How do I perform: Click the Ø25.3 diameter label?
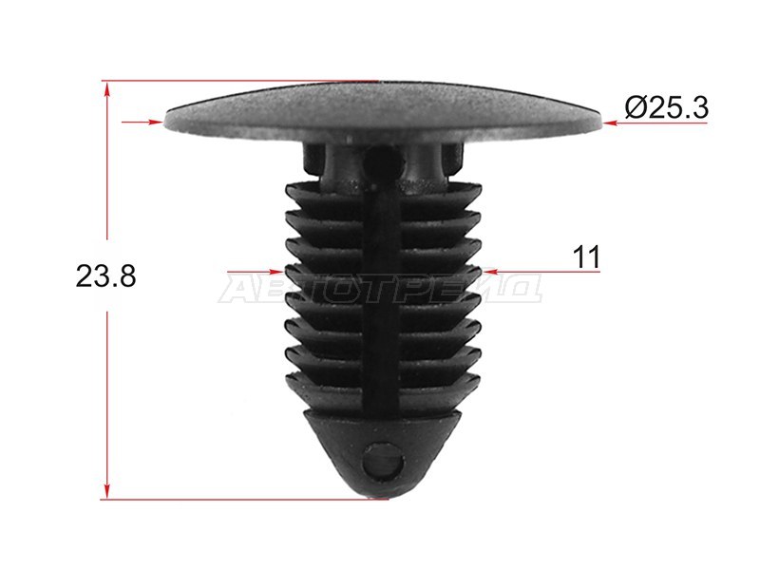667,108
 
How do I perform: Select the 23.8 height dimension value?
105,276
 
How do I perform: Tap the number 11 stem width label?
586,256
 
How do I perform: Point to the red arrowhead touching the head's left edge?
156,123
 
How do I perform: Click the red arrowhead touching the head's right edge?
611,123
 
